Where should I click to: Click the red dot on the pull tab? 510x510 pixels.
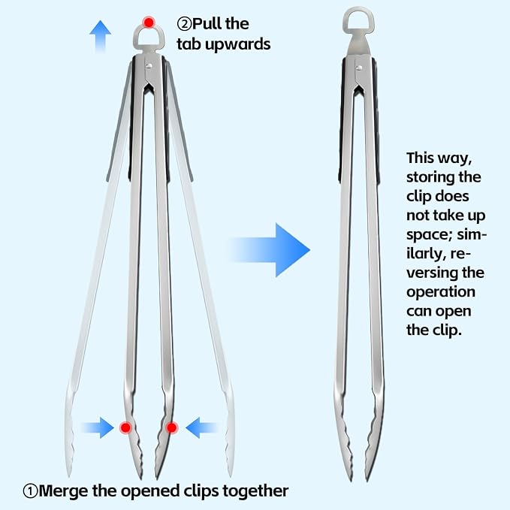[x=149, y=23]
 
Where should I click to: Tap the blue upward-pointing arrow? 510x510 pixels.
[x=101, y=36]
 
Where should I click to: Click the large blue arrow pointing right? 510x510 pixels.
[x=270, y=250]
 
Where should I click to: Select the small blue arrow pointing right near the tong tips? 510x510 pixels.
[x=98, y=427]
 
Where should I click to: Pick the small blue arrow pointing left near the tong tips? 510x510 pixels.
[x=201, y=427]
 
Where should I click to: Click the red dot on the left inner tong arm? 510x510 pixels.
[x=125, y=427]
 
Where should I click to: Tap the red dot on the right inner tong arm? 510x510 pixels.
[x=172, y=427]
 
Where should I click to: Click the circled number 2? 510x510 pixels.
[x=185, y=24]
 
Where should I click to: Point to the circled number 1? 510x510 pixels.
[x=31, y=491]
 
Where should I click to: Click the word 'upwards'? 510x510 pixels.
[x=238, y=44]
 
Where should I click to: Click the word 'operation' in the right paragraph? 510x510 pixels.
[x=441, y=292]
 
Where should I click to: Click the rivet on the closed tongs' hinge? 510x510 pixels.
[x=359, y=68]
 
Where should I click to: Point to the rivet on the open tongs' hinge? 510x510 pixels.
[x=149, y=66]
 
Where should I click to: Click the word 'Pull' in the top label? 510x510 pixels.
[x=207, y=24]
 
